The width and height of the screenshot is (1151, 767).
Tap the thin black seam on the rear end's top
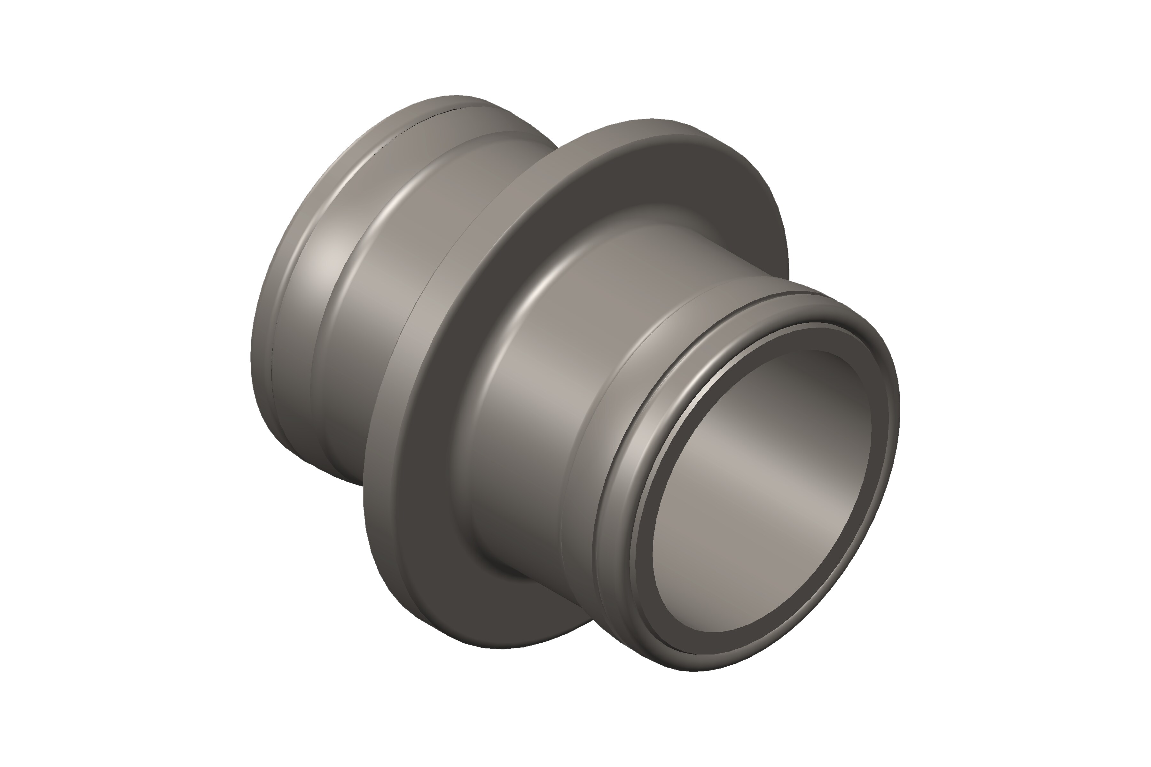pyautogui.click(x=441, y=115)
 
